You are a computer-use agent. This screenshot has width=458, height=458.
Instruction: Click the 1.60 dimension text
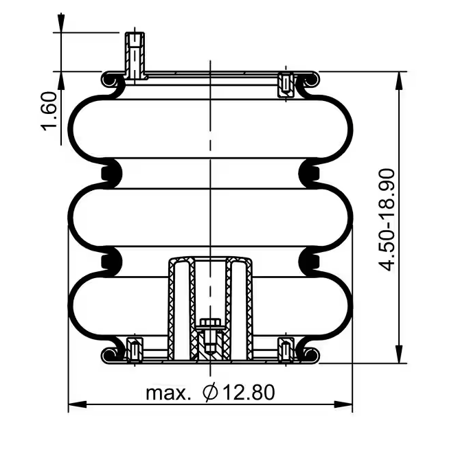click(x=49, y=111)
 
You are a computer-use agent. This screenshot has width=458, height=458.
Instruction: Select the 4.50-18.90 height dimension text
click(x=387, y=220)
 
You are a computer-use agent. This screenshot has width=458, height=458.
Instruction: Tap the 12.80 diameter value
click(x=249, y=392)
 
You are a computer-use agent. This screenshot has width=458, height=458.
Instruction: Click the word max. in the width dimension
click(x=168, y=393)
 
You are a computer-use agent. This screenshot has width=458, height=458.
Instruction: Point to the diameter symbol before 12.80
click(x=210, y=392)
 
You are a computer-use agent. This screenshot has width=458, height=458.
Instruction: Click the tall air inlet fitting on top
click(x=135, y=56)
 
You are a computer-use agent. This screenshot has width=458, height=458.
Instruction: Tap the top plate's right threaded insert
click(x=286, y=85)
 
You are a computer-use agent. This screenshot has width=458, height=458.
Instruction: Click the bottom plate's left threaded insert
click(x=135, y=350)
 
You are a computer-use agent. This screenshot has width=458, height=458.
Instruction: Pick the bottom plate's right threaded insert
click(x=286, y=350)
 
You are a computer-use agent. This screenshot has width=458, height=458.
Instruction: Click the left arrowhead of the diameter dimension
click(x=78, y=404)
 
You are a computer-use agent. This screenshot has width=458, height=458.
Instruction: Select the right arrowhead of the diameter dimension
click(x=343, y=404)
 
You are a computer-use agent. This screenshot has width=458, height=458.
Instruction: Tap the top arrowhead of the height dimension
click(x=399, y=80)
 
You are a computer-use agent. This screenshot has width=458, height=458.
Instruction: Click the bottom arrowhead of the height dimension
click(x=399, y=354)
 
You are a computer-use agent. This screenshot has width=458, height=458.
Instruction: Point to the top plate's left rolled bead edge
click(x=109, y=80)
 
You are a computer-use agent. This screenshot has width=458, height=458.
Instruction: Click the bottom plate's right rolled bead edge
click(x=311, y=355)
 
